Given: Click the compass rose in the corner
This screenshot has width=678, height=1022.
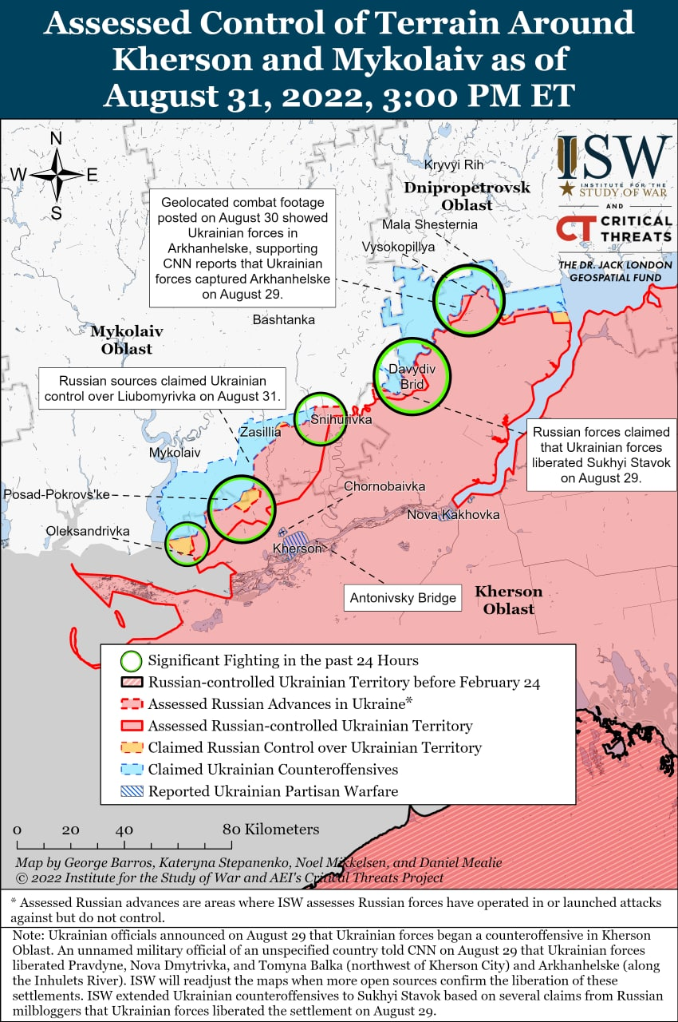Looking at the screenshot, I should point(57,175).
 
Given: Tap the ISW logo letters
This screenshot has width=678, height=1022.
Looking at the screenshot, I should point(613,157).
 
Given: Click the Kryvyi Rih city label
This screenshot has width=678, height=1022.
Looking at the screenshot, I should point(454,164).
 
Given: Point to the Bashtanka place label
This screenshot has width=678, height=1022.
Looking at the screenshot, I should point(283,319).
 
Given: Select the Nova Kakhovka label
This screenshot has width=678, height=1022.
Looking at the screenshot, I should point(453,514).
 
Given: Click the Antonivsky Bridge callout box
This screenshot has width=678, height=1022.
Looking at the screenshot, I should point(403,597).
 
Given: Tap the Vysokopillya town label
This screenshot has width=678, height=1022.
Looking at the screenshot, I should point(397,247).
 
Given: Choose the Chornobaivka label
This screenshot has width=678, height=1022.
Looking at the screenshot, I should point(384,486).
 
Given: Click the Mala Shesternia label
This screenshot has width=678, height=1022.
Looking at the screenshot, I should point(430,224).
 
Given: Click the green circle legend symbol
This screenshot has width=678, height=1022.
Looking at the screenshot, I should point(132,661).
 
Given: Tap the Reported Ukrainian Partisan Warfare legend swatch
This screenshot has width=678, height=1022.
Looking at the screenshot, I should point(132,791).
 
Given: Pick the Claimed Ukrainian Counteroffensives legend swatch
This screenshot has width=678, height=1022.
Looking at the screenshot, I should point(132,770).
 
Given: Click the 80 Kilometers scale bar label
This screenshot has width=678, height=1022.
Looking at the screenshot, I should point(270,829).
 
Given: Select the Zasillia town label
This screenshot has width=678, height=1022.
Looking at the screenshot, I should point(261,432).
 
